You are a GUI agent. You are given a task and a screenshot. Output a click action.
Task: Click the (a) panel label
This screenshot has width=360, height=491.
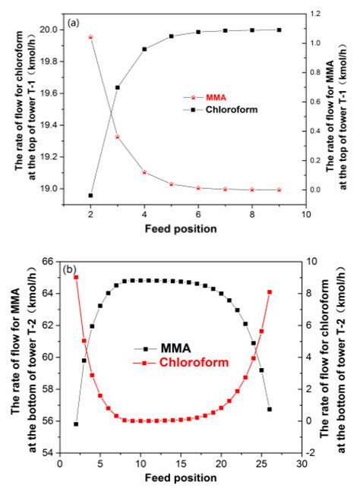73,24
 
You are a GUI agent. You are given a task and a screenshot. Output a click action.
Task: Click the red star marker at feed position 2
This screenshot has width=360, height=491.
90,36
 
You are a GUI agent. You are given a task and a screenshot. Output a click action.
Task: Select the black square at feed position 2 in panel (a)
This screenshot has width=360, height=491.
90,195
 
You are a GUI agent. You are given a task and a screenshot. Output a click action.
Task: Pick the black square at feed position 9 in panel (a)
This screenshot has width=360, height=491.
279,30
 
